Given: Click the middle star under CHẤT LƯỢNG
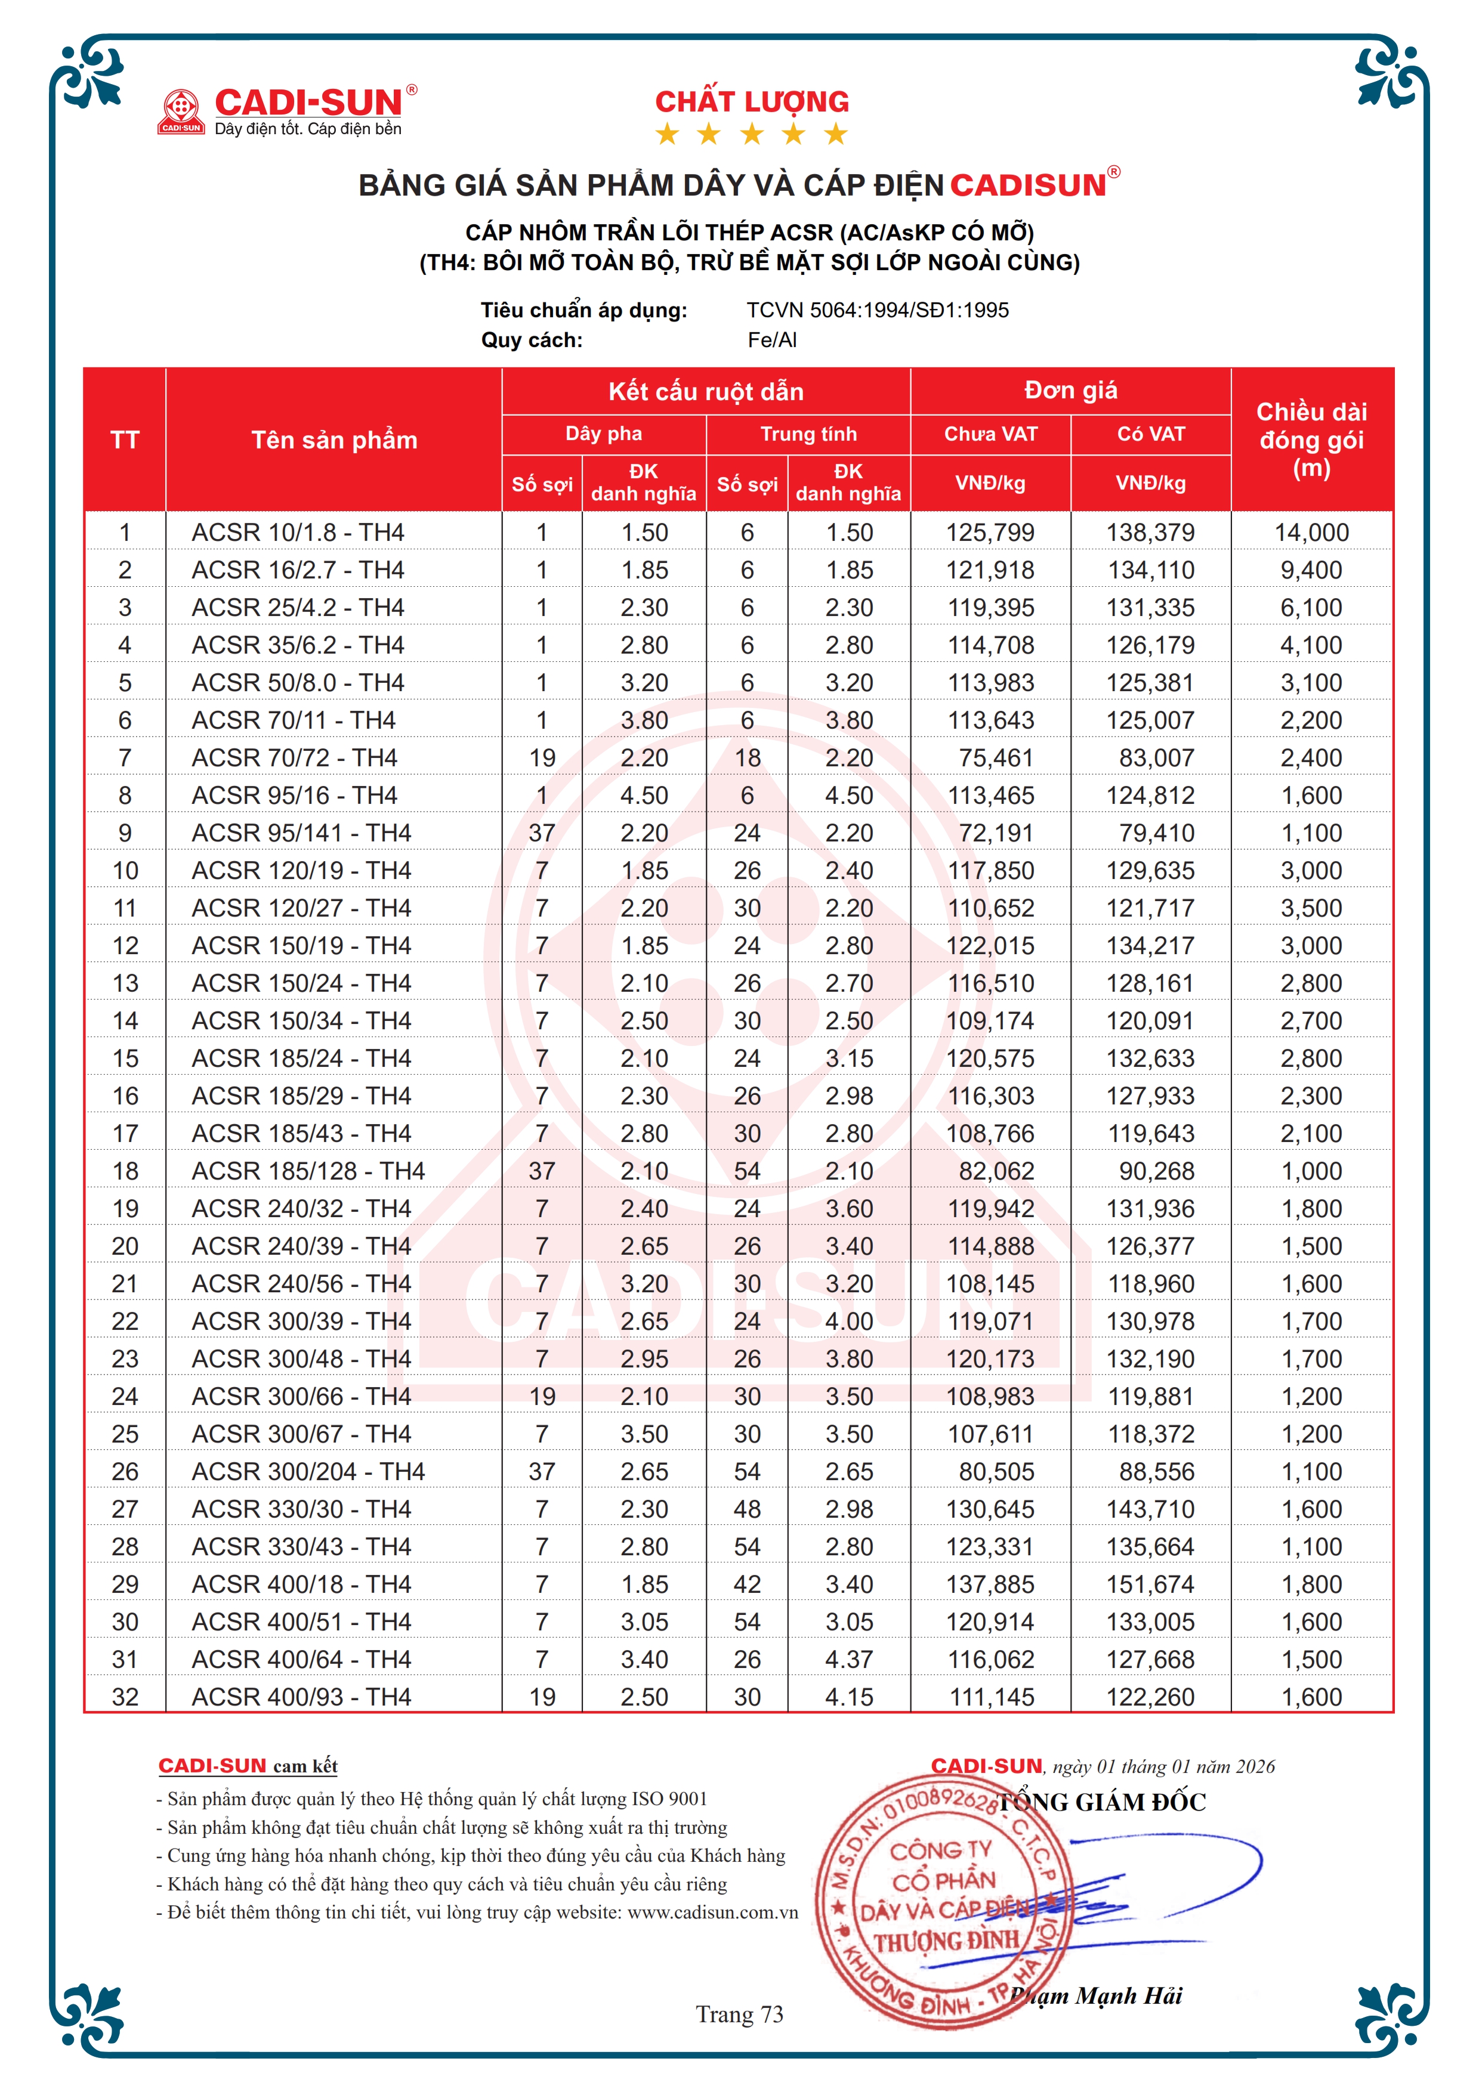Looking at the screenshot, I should [x=752, y=135].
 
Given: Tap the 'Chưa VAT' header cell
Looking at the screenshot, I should [x=990, y=434].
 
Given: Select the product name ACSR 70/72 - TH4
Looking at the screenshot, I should [x=294, y=757].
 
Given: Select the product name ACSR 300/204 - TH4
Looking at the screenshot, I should [x=308, y=1472].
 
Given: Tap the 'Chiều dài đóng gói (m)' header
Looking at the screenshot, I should [x=1311, y=440].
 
